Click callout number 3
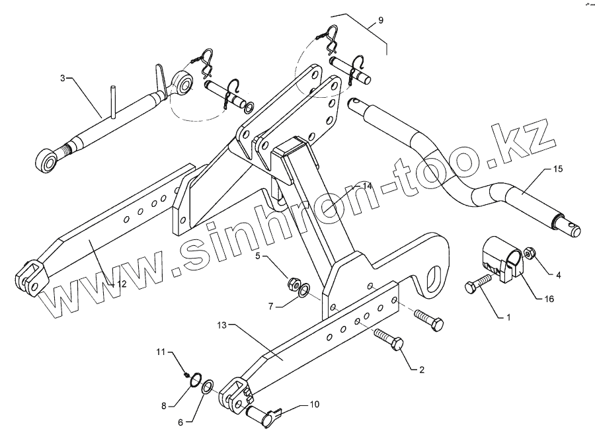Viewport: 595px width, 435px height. click(x=63, y=78)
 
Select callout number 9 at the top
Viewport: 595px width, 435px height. click(x=380, y=21)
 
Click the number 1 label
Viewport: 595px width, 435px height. click(x=508, y=317)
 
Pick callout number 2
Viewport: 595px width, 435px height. click(x=421, y=370)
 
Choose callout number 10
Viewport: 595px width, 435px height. click(x=314, y=403)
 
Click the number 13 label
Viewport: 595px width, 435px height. click(x=221, y=325)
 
